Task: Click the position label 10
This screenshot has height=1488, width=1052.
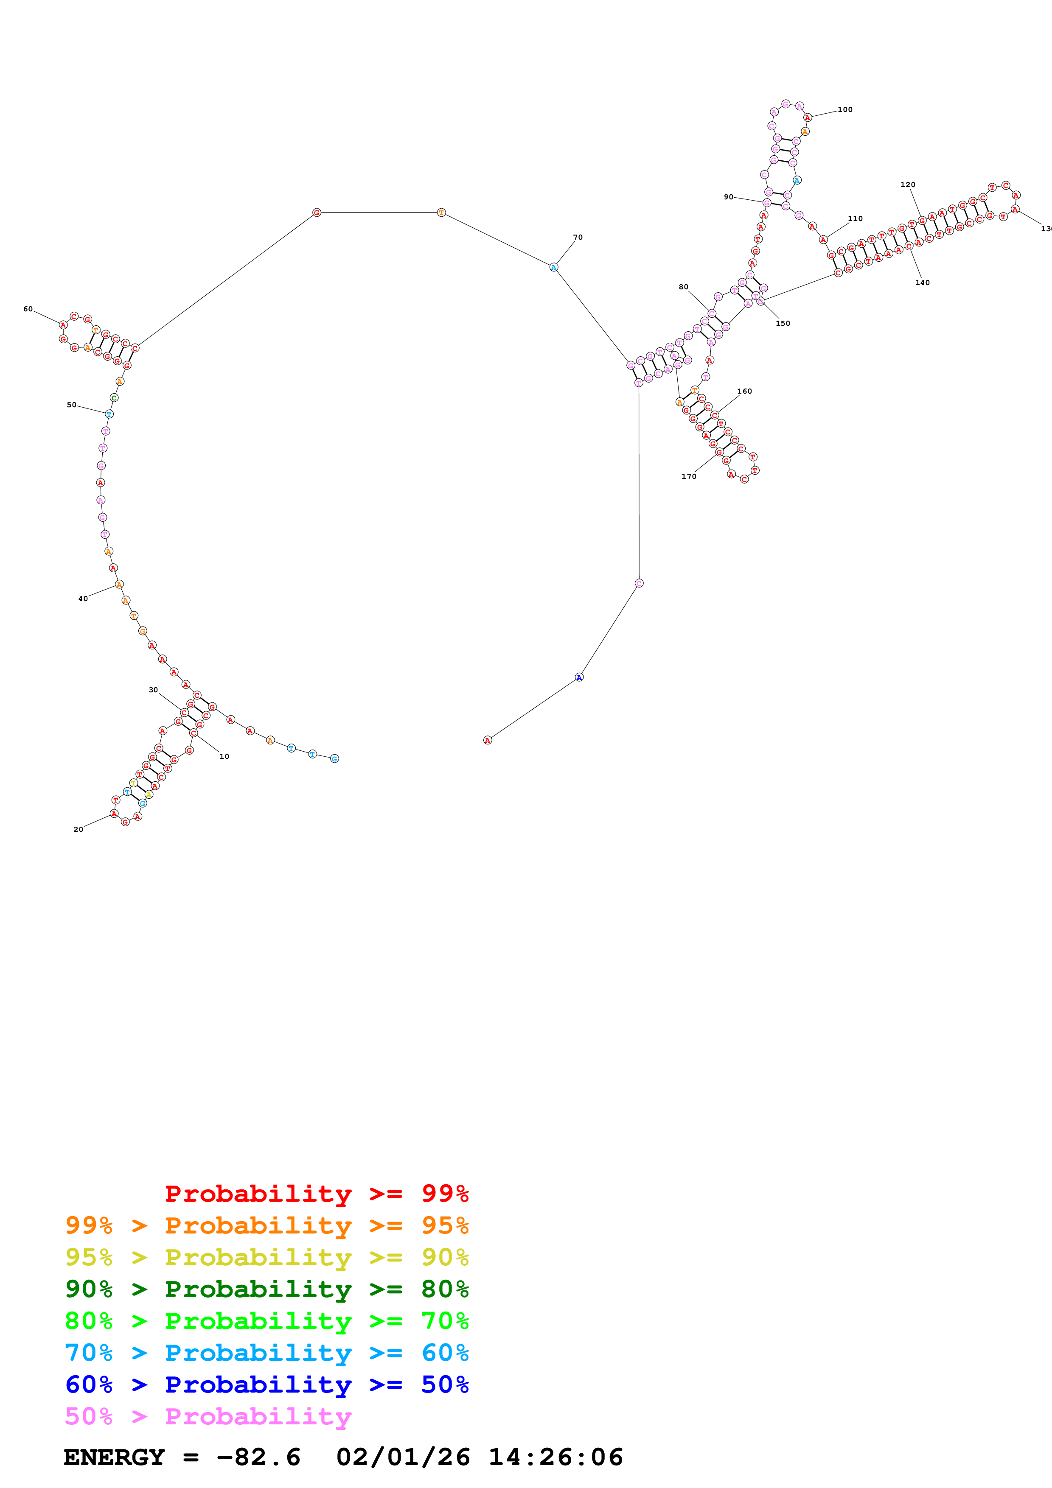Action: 224,756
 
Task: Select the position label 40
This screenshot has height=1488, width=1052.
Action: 83,599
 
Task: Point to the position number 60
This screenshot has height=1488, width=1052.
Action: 28,309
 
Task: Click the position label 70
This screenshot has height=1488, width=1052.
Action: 578,237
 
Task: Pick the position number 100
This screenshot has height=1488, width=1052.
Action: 845,109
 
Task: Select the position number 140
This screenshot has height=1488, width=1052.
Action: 923,282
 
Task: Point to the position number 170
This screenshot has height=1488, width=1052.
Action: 688,476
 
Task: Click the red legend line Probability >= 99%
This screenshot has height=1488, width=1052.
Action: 316,1193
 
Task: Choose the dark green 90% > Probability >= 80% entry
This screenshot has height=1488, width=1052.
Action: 267,1289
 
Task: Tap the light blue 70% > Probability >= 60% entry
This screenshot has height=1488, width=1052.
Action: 267,1353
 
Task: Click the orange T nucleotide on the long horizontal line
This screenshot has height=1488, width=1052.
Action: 441,213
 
